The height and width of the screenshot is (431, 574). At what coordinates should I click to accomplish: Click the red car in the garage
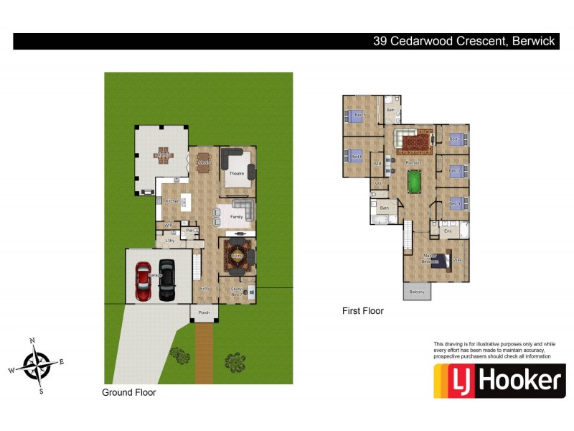point(143,282)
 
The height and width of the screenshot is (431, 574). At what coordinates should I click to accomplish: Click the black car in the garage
point(166,282)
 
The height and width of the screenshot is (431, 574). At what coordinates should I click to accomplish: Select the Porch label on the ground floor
point(204,312)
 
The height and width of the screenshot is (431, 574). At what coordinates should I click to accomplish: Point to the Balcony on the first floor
point(417,292)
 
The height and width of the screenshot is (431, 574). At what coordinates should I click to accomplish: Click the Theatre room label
point(237,174)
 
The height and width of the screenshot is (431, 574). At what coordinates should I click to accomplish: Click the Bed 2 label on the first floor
point(454,139)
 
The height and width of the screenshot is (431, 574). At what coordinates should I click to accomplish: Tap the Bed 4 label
point(454,204)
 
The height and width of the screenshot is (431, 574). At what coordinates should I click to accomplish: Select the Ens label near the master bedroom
point(448,231)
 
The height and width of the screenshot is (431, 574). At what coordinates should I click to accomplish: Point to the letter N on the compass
point(32,340)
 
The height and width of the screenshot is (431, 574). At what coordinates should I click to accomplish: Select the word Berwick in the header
point(532,41)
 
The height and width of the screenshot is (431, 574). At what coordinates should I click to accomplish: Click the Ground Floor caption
point(129,393)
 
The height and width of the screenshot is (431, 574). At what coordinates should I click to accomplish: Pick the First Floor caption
point(362,311)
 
